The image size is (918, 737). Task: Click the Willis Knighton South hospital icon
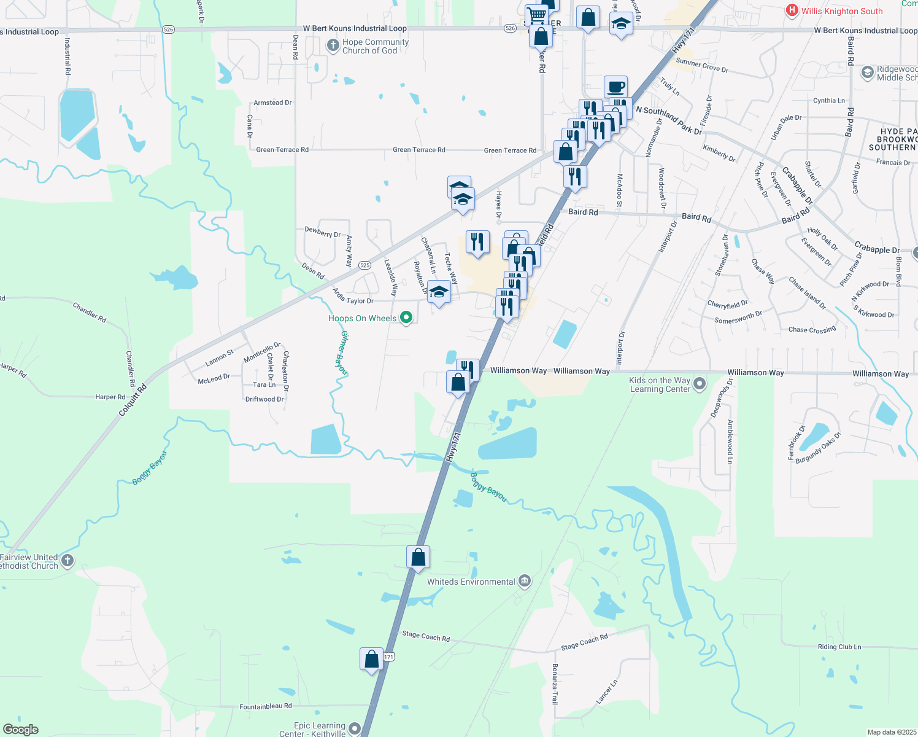pos(792,10)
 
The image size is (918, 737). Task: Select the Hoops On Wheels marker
pos(406,318)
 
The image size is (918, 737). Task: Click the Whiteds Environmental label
pos(471,582)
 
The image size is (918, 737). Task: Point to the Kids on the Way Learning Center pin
pos(700,384)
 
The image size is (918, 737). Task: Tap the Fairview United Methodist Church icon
pos(67,560)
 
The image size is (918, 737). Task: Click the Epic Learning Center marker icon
pos(355,729)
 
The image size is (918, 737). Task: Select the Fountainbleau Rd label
pos(266,707)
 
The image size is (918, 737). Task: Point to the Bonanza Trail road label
pos(555,684)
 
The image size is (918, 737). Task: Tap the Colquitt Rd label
pos(133,400)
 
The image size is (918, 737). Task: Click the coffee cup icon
pos(615,87)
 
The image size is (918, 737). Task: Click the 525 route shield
pos(364,265)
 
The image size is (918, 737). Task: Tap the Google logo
pos(21,730)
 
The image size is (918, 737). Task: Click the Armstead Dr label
pos(272,103)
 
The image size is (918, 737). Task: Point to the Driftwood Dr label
pos(264,399)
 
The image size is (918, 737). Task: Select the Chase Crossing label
pos(812,330)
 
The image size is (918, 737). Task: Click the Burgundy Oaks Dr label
pos(818,448)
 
